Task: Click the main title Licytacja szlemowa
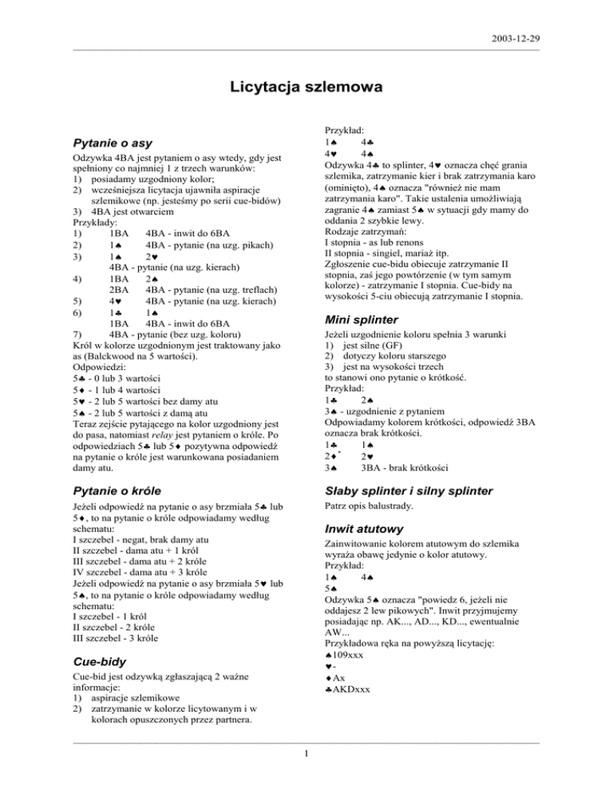(306, 85)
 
